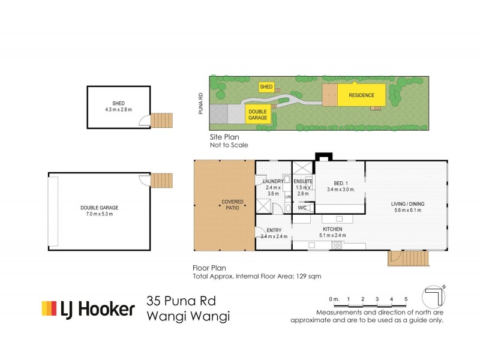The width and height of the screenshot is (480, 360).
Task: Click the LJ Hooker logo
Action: tap(88, 309)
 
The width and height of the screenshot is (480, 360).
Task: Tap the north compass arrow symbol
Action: tap(435, 296)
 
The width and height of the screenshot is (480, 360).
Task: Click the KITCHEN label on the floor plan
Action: tap(332, 229)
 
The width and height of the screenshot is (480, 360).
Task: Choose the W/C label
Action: tap(302, 208)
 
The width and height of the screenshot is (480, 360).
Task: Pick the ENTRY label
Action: tap(274, 230)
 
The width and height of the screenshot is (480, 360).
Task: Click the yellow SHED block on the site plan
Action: tap(266, 87)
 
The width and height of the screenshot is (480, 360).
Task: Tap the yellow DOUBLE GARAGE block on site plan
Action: tap(257, 114)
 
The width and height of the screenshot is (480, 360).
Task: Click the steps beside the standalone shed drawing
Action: tap(161, 120)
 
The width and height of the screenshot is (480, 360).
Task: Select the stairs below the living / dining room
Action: tap(409, 259)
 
